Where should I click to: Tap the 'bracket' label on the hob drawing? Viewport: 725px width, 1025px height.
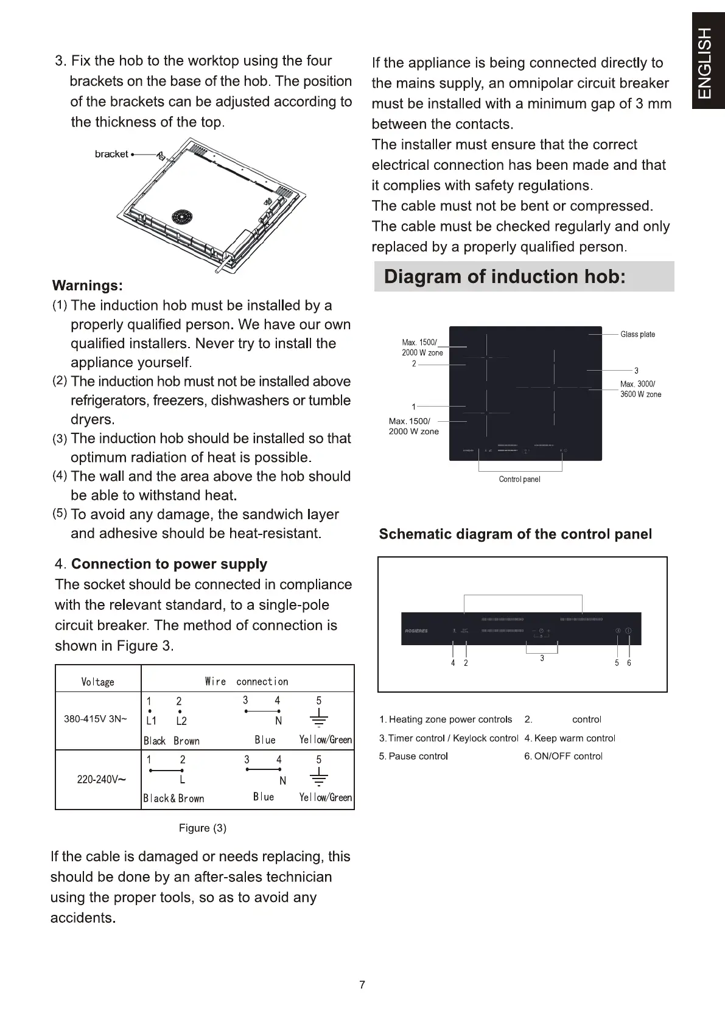click(111, 154)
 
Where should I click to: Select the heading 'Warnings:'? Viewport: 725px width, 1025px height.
click(88, 285)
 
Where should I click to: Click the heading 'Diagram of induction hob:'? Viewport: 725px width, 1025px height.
click(505, 277)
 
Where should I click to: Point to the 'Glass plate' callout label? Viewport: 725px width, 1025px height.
click(637, 334)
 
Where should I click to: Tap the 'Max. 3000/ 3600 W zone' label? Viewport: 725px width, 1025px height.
click(640, 389)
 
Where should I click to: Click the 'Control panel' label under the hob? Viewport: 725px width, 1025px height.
click(519, 479)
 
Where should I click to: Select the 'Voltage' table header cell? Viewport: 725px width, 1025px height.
click(98, 682)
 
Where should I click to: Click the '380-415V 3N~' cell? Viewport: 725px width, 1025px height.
click(96, 719)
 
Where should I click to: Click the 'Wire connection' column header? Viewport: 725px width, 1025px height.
click(247, 682)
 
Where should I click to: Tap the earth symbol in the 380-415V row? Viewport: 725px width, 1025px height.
click(318, 720)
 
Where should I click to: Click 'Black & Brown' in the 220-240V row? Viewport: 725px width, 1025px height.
click(173, 799)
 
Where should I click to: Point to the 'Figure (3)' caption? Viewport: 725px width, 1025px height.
click(202, 828)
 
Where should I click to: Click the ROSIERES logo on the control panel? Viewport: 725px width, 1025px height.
click(416, 631)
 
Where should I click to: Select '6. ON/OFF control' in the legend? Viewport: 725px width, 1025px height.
click(563, 756)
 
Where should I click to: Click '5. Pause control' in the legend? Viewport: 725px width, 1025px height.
click(413, 756)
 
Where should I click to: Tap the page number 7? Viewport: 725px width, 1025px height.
click(362, 985)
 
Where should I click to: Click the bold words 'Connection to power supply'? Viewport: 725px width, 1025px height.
click(169, 564)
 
